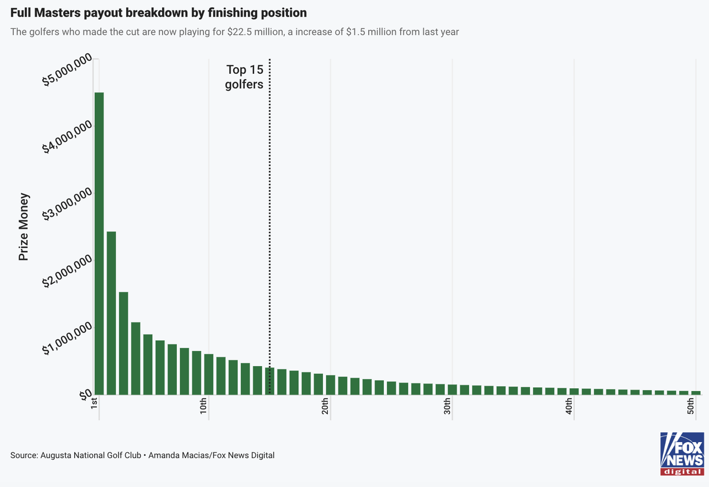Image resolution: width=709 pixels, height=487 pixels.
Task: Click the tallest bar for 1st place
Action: click(99, 244)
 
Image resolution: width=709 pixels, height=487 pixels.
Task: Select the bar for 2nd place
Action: click(111, 313)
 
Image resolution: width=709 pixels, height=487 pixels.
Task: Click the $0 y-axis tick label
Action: click(85, 395)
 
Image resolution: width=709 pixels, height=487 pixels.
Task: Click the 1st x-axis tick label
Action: click(94, 403)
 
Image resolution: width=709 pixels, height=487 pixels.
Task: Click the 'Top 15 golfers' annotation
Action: click(244, 77)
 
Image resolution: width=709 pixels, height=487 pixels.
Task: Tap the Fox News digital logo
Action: click(682, 454)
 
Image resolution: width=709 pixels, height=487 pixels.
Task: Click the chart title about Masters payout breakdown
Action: click(158, 12)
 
